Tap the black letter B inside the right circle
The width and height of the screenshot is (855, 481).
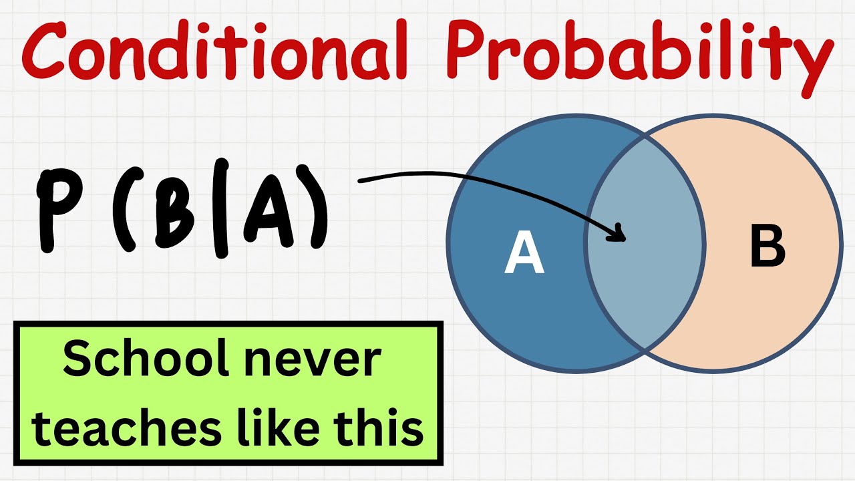(x=767, y=248)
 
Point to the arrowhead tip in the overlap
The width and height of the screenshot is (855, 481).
(x=624, y=238)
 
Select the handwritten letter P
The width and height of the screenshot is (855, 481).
(x=56, y=210)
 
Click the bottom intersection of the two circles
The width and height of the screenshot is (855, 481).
(x=645, y=349)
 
